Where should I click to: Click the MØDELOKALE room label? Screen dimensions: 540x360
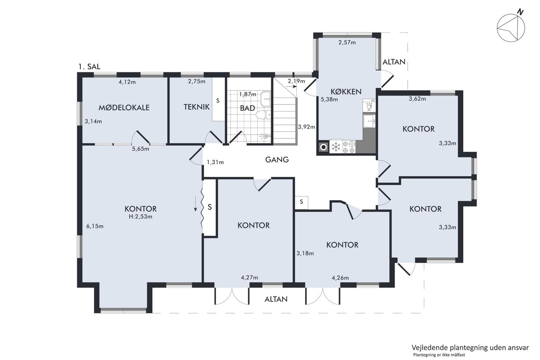pos(124,108)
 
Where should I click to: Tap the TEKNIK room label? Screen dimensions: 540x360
pos(196,107)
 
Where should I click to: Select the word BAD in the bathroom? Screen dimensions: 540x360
pos(247,108)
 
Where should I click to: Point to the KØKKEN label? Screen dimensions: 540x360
pos(346,91)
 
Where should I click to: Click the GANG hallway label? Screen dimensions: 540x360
pos(277,160)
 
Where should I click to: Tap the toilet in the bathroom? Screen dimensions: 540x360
pos(263,115)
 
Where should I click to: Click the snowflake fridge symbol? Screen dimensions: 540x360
pos(336,146)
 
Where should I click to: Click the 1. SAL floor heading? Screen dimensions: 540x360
pos(89,66)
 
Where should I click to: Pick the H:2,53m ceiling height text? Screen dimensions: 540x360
pos(140,216)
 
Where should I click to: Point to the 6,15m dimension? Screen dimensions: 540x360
pos(95,226)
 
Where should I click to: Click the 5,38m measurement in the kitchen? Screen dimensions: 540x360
pos(329,99)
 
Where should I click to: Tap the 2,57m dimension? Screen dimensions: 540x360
pos(347,42)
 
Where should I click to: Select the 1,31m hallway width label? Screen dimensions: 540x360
pos(215,162)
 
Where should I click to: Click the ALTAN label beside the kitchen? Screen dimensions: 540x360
pos(394,62)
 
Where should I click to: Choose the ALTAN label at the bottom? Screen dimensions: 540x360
pos(276,299)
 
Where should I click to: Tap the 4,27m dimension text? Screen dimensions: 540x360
pos(250,277)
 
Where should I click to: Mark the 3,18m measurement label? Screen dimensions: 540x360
pos(305,253)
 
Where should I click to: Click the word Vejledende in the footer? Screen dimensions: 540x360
pos(426,348)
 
